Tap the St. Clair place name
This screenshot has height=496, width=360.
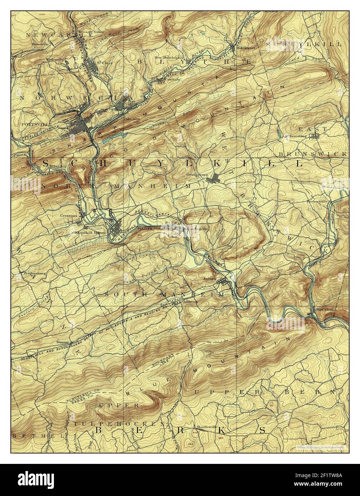tap(102, 63)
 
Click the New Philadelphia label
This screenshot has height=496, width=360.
tap(169, 57)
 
